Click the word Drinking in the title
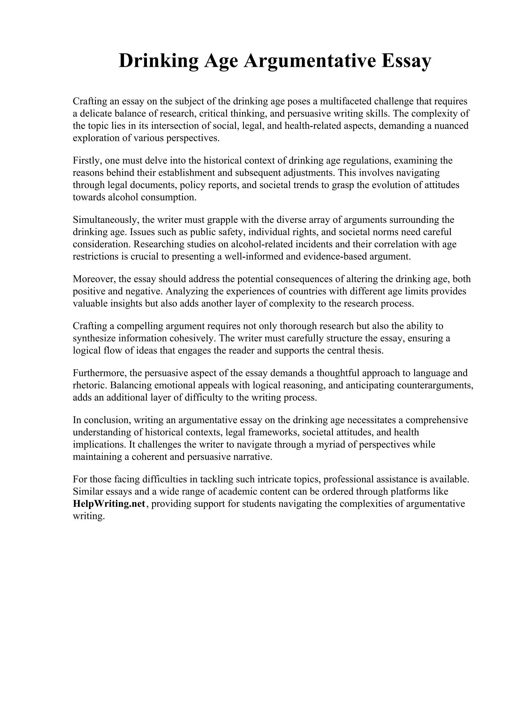[159, 61]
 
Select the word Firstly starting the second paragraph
[86, 161]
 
